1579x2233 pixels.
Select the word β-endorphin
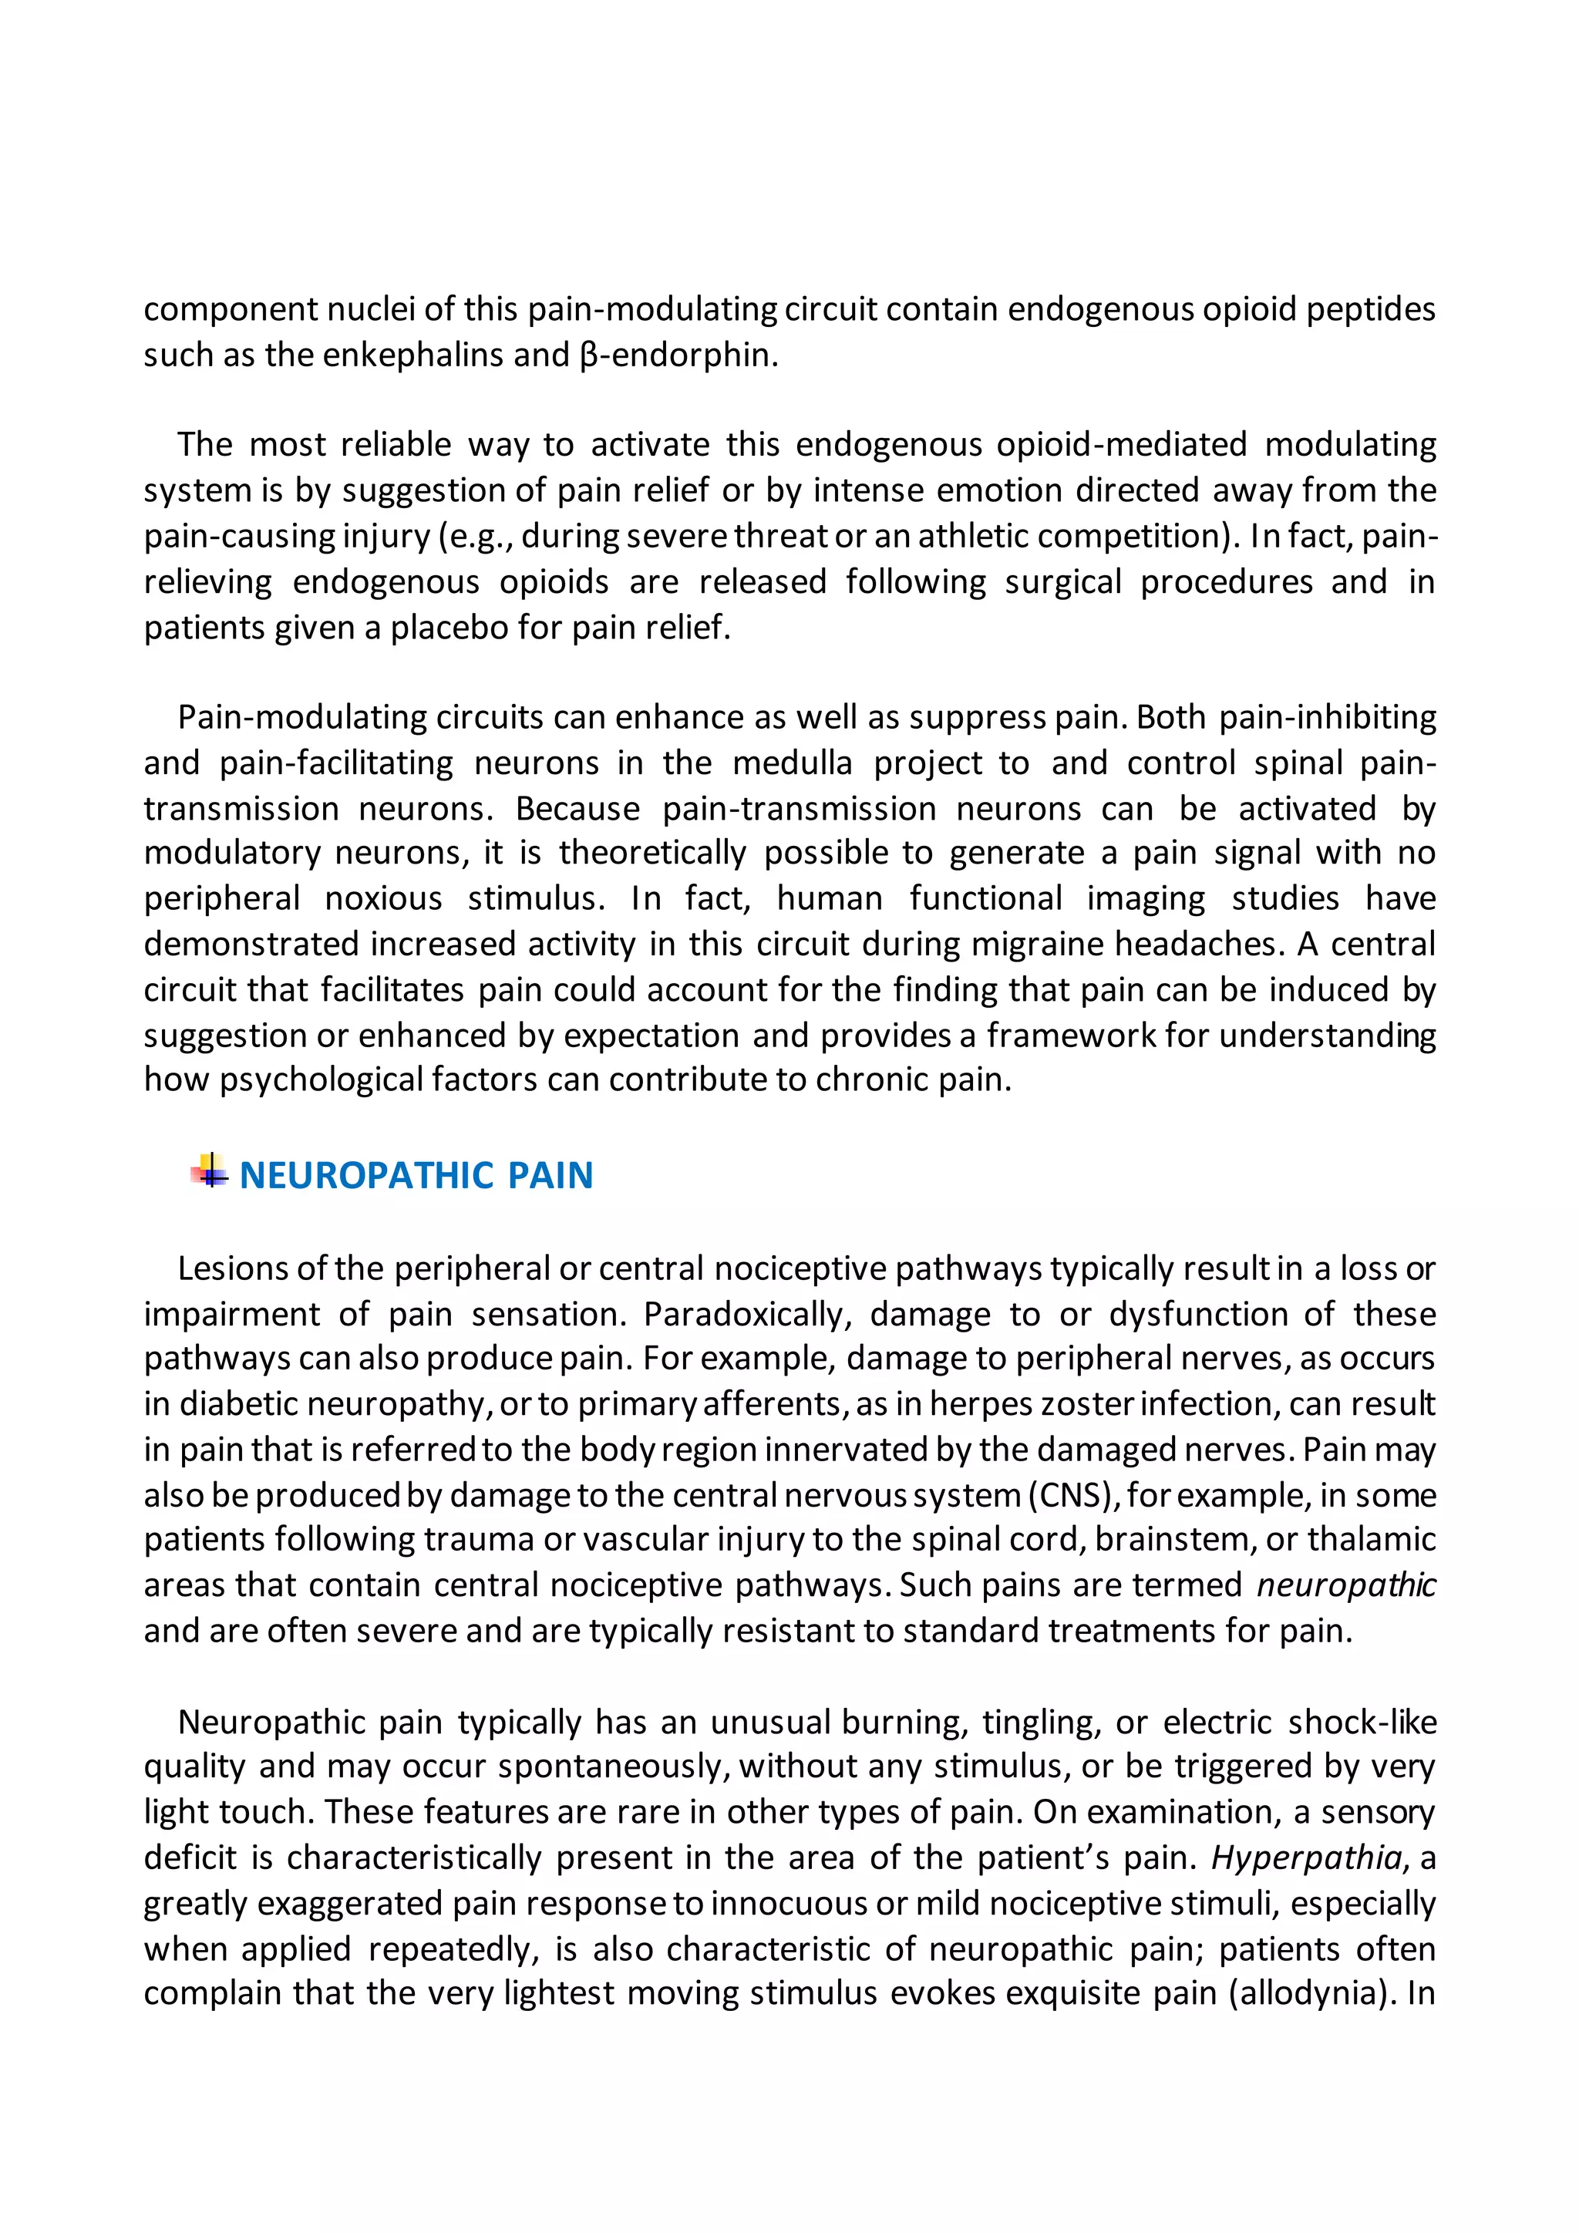678,355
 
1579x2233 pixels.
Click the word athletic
976,536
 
